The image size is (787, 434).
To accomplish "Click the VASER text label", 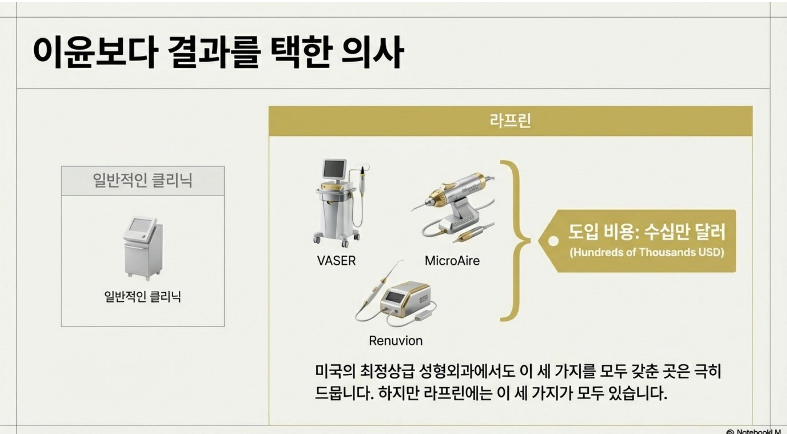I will (x=336, y=261).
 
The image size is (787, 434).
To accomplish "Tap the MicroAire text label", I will (x=452, y=261).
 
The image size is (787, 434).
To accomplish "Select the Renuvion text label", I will (x=396, y=341).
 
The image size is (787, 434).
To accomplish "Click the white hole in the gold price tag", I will (x=553, y=241).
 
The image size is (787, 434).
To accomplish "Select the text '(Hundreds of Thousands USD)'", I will (x=646, y=252).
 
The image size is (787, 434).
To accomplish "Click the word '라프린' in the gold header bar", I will (x=510, y=121).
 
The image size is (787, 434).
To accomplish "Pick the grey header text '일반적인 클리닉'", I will (x=143, y=180).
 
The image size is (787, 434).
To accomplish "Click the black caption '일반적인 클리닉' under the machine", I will (x=143, y=296).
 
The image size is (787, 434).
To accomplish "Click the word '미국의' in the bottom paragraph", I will (x=335, y=371).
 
